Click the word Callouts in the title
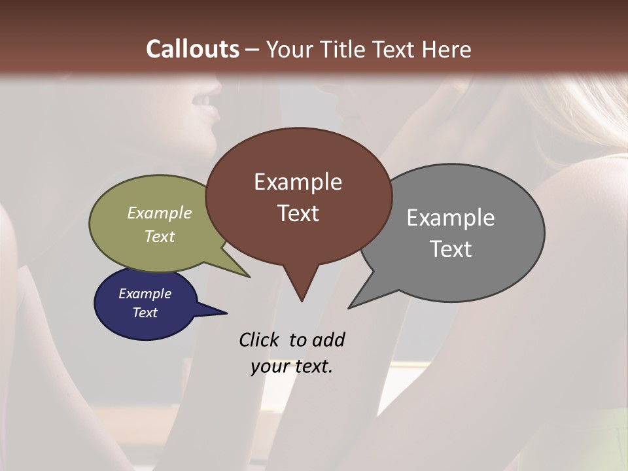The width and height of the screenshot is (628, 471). (x=192, y=49)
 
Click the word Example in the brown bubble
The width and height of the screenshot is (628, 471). (x=298, y=182)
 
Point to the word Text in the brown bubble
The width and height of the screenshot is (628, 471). (x=298, y=213)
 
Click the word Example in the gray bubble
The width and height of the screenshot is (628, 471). (x=450, y=218)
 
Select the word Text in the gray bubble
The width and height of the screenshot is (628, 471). (x=450, y=249)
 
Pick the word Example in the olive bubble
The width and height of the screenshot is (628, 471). (x=159, y=213)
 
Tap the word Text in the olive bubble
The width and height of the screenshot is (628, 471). (x=159, y=236)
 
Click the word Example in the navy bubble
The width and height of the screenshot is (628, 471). (x=145, y=294)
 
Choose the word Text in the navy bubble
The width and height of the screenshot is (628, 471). (x=145, y=313)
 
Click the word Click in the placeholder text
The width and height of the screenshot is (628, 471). (x=258, y=340)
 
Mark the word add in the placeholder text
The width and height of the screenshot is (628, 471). (x=328, y=340)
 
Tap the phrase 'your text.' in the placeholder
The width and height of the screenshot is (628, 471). (x=292, y=366)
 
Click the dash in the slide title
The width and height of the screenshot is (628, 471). (x=253, y=49)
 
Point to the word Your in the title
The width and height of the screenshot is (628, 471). (x=288, y=49)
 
